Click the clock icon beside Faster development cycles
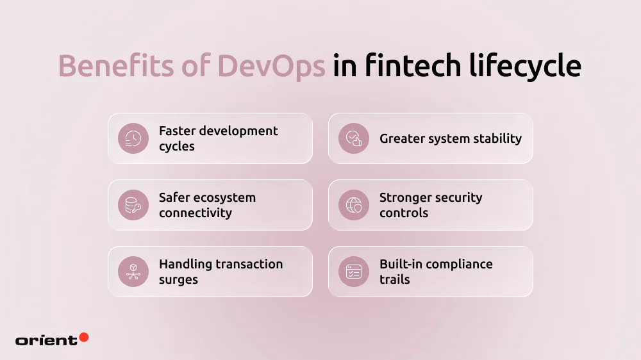[x=133, y=138]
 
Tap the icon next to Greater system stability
[x=354, y=138]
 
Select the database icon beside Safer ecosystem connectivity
[x=133, y=205]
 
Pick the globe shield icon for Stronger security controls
[x=354, y=205]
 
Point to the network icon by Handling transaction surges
[x=133, y=272]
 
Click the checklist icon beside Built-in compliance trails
[x=354, y=272]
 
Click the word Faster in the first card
[x=176, y=131]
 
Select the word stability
[x=495, y=138]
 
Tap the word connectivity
[x=196, y=213]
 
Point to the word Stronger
[x=404, y=197]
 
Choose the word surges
[x=178, y=279]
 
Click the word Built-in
[x=401, y=264]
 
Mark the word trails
[x=394, y=279]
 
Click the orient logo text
[x=46, y=341]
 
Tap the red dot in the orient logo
[x=83, y=337]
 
